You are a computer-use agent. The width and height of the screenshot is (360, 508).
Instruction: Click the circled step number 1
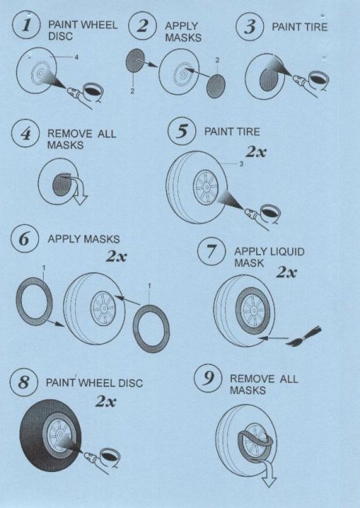tap(27, 25)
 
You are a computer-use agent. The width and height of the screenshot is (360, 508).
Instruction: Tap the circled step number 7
tap(212, 251)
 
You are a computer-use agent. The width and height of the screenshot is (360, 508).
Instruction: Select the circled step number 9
tap(209, 378)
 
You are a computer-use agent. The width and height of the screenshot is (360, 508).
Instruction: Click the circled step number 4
tap(26, 134)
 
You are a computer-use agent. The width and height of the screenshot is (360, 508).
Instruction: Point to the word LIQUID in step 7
tap(287, 252)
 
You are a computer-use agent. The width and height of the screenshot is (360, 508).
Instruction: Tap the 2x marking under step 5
tap(256, 152)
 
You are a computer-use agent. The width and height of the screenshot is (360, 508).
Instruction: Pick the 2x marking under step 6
tap(116, 256)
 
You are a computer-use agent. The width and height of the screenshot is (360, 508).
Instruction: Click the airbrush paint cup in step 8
tap(110, 457)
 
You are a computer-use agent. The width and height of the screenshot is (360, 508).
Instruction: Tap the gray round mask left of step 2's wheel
tap(135, 61)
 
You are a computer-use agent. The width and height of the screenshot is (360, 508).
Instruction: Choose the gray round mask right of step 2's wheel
tap(216, 85)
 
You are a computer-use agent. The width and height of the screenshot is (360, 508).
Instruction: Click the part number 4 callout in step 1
tap(77, 57)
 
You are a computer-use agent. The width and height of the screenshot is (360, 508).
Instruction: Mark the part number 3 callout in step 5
tap(241, 164)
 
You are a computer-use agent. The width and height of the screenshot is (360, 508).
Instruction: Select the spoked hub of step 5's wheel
tap(205, 188)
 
